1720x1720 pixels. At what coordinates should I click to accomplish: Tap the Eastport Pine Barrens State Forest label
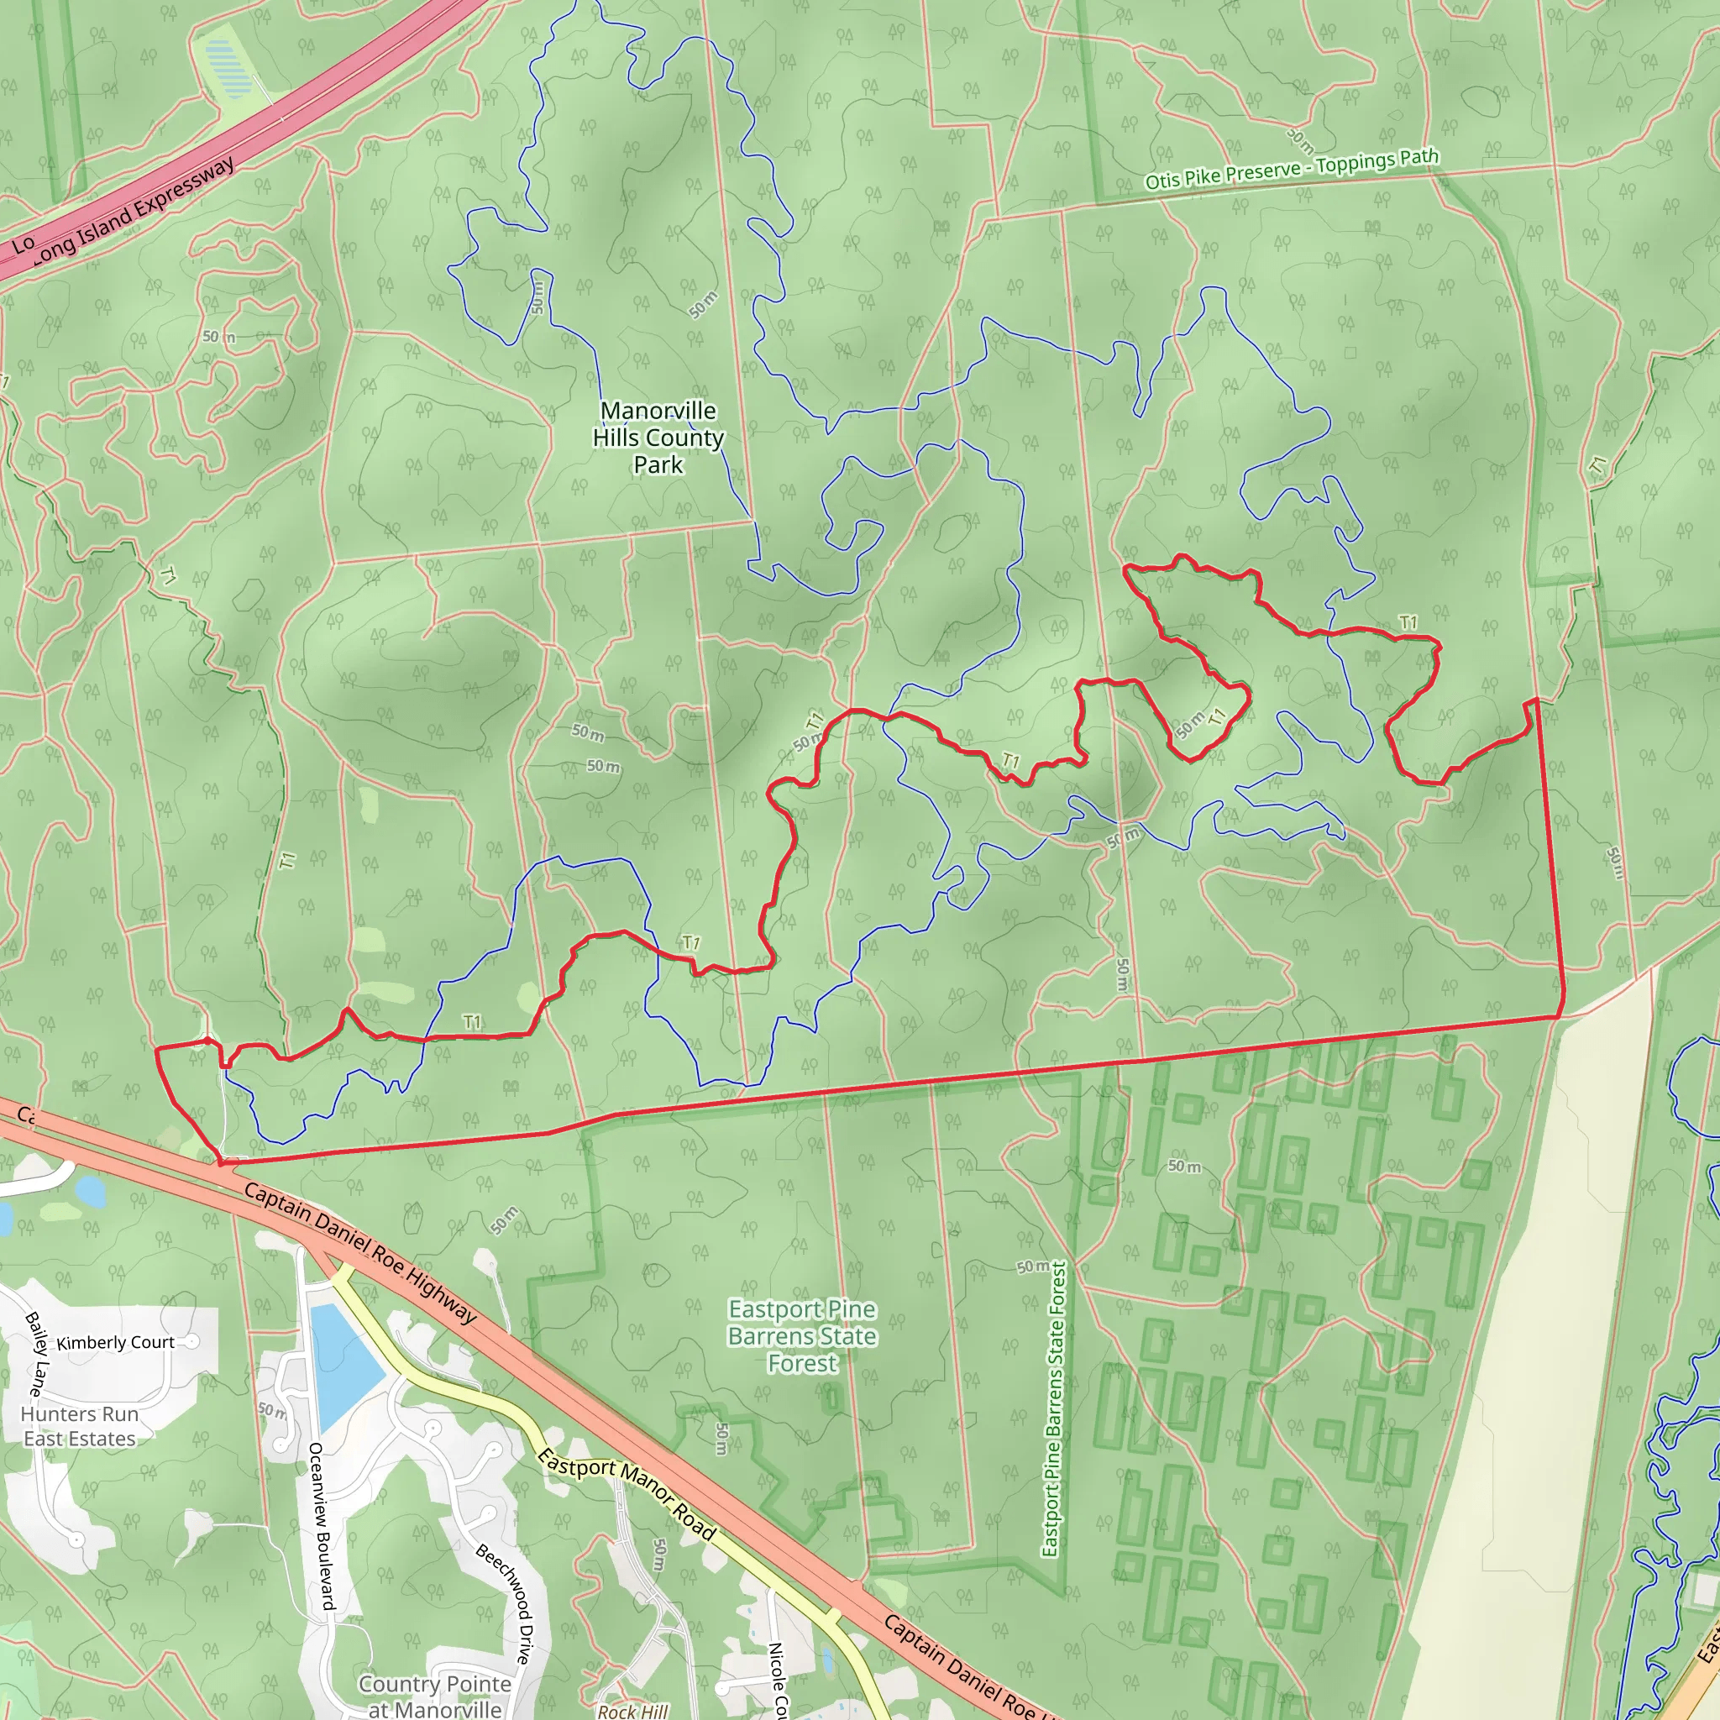[802, 1335]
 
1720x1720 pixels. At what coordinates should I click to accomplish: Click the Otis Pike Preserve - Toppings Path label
[1291, 169]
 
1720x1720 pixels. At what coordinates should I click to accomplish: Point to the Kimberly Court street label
[116, 1343]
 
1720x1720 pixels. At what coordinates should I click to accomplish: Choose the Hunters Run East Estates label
[79, 1426]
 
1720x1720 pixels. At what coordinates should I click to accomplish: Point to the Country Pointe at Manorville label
[434, 1696]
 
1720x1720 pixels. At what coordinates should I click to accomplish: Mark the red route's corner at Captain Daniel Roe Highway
[221, 1162]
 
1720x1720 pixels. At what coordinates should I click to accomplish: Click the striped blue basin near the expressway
[228, 70]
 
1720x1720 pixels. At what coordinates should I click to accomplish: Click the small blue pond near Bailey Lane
[89, 1189]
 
